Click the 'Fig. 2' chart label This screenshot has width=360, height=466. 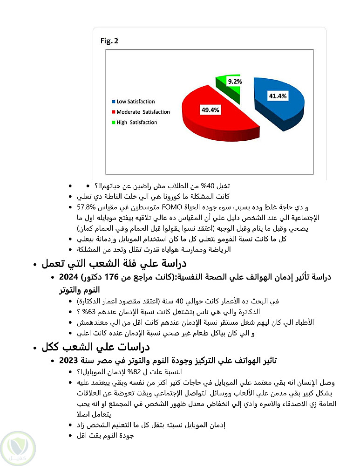click(x=110, y=41)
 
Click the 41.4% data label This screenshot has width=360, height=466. click(x=278, y=96)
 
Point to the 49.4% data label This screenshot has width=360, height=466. click(x=211, y=110)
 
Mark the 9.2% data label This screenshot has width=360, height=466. click(x=235, y=82)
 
